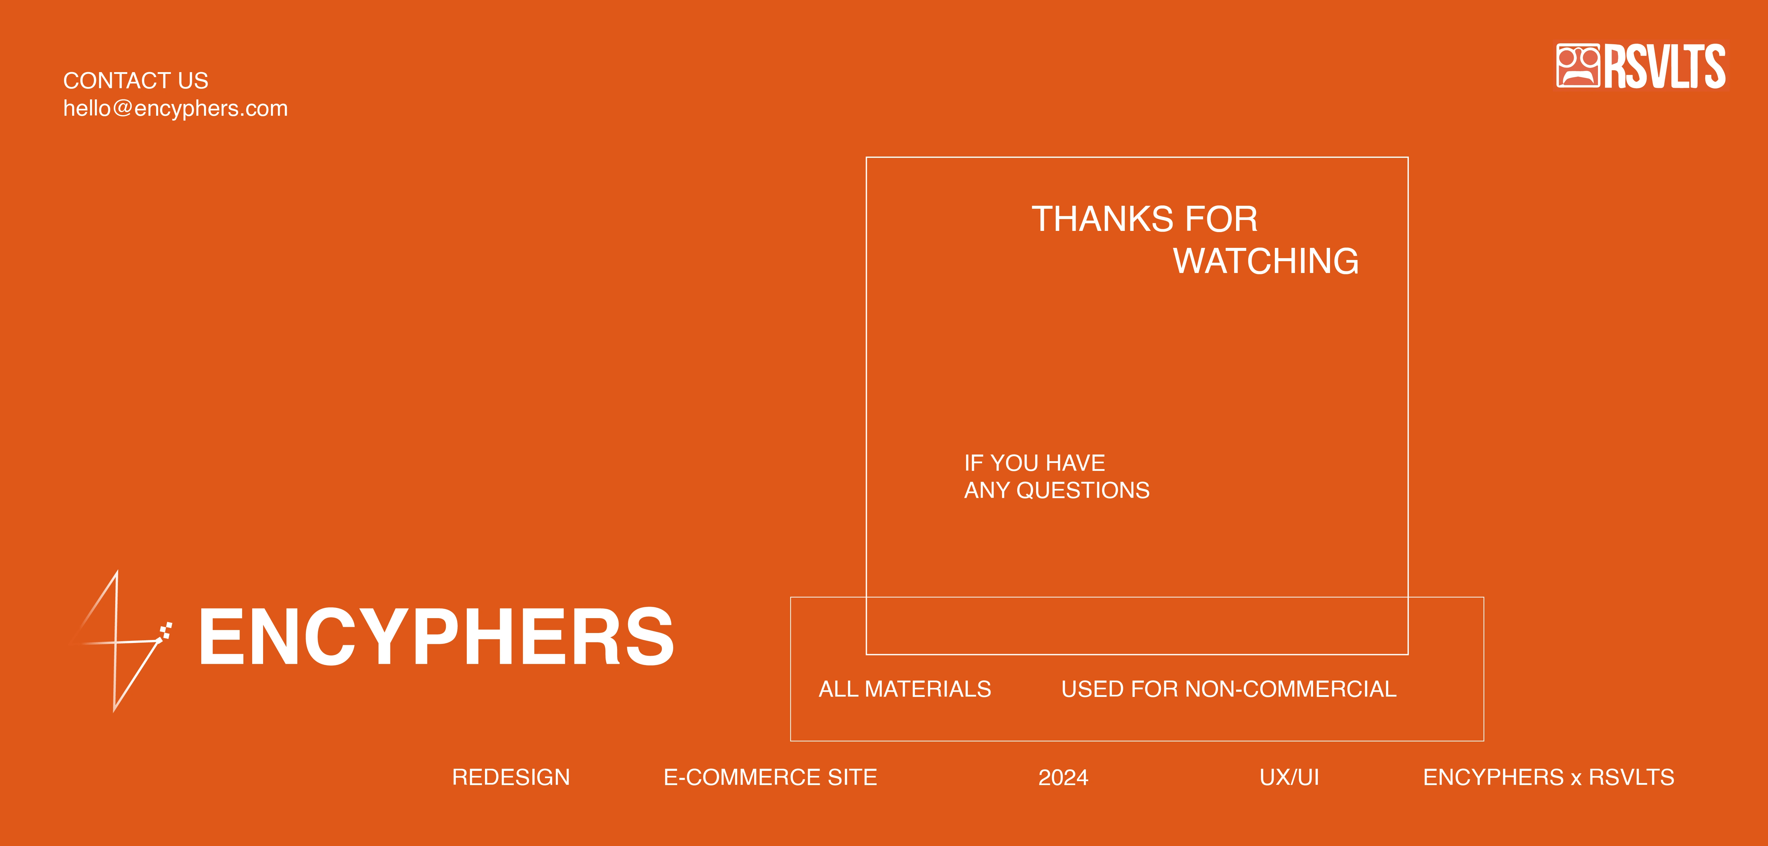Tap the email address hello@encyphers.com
click(176, 108)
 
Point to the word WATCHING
click(1266, 261)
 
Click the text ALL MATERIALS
click(904, 689)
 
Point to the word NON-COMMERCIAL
click(1291, 689)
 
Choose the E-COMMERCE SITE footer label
click(770, 778)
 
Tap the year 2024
click(1063, 778)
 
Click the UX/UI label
click(1289, 778)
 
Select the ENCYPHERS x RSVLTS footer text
click(1548, 778)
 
